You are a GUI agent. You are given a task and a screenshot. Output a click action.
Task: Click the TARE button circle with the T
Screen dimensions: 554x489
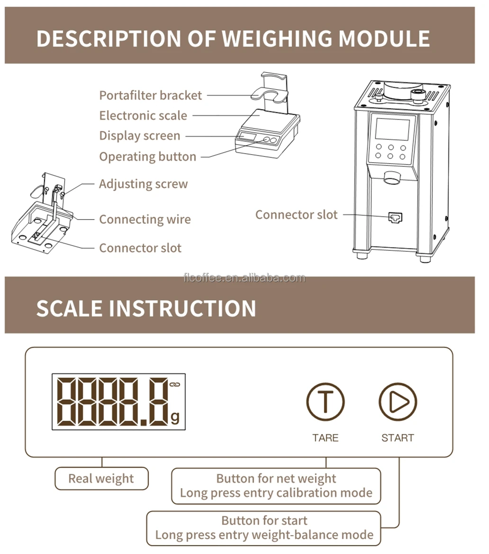tap(325, 402)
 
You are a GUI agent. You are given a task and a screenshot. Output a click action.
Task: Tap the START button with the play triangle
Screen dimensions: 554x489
tap(398, 402)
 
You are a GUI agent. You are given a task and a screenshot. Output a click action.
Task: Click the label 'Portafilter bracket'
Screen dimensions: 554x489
tap(150, 95)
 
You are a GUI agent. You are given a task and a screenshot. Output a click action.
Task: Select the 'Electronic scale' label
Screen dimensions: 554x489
tap(143, 116)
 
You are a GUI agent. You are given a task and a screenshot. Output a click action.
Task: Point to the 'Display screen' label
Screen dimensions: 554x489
tap(140, 136)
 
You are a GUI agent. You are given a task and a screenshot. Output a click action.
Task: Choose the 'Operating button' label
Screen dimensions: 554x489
tap(147, 157)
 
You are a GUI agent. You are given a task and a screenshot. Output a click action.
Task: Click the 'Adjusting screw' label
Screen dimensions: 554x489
tap(143, 184)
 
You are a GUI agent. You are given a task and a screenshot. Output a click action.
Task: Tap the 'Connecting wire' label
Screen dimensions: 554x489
tap(145, 220)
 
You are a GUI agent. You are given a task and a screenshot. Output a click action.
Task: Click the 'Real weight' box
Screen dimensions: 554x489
tap(101, 479)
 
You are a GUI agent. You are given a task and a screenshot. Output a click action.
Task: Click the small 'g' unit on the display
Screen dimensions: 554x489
tap(175, 417)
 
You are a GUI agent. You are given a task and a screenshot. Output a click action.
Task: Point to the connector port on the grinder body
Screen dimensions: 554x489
tap(395, 217)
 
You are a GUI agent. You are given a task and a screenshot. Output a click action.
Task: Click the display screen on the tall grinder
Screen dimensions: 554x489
tap(392, 129)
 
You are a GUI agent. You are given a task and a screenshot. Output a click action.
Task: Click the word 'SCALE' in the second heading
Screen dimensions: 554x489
tap(69, 308)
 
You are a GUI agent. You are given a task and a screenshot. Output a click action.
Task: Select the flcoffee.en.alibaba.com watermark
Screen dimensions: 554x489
tap(244, 278)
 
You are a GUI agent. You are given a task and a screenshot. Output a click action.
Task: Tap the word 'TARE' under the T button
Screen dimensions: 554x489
tap(325, 438)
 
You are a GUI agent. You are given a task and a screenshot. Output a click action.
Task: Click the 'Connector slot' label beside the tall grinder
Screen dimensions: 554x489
tap(296, 215)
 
